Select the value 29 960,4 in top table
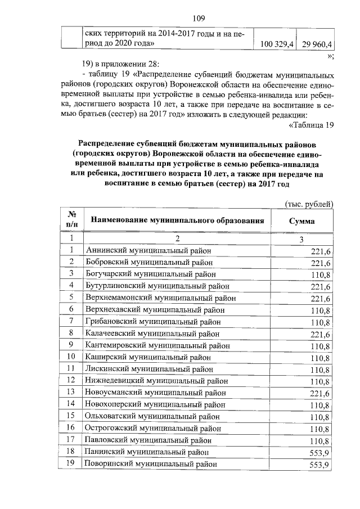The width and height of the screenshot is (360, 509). pyautogui.click(x=317, y=43)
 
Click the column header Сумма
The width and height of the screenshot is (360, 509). pyautogui.click(x=301, y=221)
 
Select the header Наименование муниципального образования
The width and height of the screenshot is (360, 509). pyautogui.click(x=177, y=220)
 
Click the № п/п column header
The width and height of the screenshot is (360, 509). pyautogui.click(x=72, y=220)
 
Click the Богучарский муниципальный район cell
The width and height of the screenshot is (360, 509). pyautogui.click(x=151, y=274)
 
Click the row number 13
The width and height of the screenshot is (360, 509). pyautogui.click(x=71, y=392)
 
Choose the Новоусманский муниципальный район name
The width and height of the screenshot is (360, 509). pyautogui.click(x=155, y=392)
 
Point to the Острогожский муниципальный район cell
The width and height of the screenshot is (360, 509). pyautogui.click(x=152, y=427)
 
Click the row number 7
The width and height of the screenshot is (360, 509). pyautogui.click(x=71, y=321)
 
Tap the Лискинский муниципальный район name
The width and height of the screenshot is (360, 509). pyautogui.click(x=148, y=369)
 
